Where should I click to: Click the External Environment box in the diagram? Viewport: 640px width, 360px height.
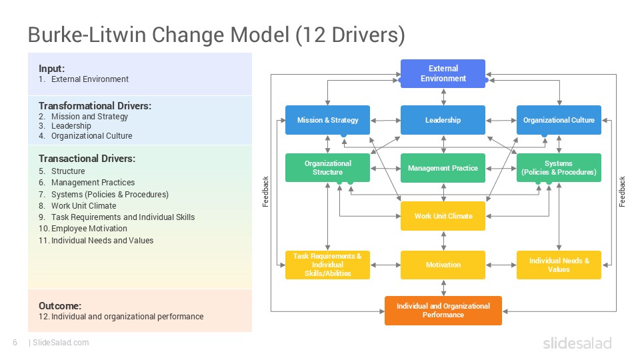click(x=443, y=73)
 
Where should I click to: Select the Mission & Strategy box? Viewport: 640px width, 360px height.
click(x=327, y=120)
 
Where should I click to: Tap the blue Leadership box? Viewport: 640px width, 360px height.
click(x=443, y=120)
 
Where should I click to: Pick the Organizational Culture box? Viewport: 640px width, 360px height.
click(x=559, y=120)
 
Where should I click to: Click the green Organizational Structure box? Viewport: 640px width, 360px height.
click(x=327, y=168)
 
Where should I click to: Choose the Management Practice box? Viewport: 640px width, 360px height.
click(x=443, y=168)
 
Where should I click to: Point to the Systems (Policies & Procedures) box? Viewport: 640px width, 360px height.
click(x=559, y=168)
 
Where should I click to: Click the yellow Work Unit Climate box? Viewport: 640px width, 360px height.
click(x=443, y=216)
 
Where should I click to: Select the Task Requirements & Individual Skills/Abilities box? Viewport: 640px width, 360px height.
click(x=327, y=265)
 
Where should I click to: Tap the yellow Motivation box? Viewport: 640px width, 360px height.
click(x=443, y=265)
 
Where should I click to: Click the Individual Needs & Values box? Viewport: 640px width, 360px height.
click(x=559, y=265)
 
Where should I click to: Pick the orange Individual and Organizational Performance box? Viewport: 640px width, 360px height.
click(x=443, y=311)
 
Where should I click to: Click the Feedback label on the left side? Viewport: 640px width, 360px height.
click(x=265, y=191)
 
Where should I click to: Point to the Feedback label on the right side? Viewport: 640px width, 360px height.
click(x=623, y=191)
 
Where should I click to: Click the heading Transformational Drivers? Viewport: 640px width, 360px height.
click(x=95, y=106)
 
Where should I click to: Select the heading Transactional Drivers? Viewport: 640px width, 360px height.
click(x=87, y=159)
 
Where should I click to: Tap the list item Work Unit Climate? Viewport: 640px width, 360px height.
click(x=83, y=205)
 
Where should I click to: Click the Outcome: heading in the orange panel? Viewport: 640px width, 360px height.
click(x=60, y=306)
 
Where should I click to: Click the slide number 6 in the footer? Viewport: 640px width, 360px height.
click(x=15, y=343)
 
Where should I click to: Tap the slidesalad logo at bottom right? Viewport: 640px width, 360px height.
click(x=577, y=343)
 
